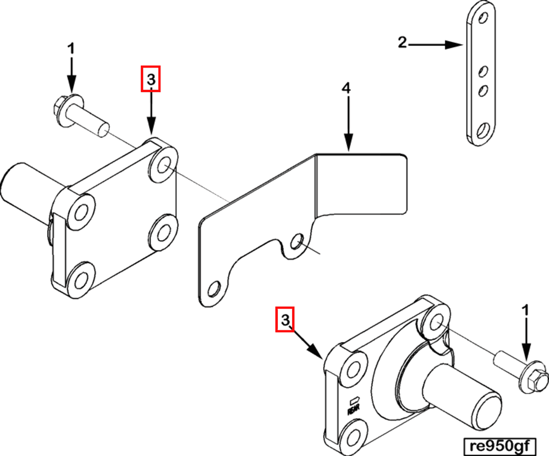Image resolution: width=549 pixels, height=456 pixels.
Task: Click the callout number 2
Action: coord(402,42)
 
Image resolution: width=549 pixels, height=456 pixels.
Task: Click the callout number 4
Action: coord(346,88)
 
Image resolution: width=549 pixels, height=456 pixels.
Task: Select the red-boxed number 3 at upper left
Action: coord(151,79)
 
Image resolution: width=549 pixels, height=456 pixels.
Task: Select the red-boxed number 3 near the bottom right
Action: coord(285,319)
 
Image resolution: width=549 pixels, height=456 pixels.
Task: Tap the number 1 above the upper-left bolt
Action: coord(71,49)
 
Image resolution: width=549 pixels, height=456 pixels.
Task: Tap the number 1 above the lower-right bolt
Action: coord(525,310)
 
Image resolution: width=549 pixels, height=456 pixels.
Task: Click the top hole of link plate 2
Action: coord(483,18)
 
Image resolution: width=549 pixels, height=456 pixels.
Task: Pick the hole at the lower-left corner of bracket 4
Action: coord(214,289)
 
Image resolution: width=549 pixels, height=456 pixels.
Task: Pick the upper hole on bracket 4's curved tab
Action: coord(297,241)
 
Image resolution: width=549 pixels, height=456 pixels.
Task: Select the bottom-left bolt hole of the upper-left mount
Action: coord(81,280)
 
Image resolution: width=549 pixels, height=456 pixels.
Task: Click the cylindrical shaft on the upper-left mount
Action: coord(23,189)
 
